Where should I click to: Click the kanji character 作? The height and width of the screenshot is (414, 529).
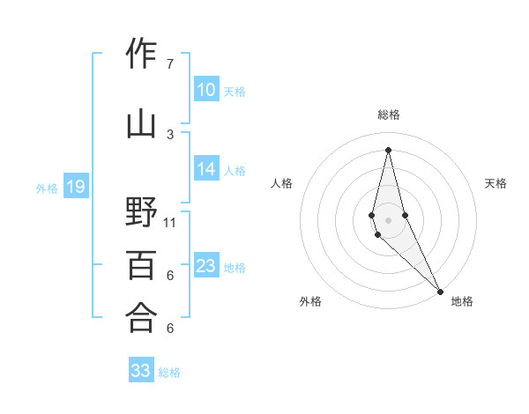pos(142,55)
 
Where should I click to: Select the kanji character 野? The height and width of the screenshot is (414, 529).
pos(142,213)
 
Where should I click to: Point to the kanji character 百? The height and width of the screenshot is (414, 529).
pos(142,265)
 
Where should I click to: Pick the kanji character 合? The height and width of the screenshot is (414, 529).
pos(142,318)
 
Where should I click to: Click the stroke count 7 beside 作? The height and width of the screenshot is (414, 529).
pos(170,63)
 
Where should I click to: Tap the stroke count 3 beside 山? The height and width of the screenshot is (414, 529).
pos(170,134)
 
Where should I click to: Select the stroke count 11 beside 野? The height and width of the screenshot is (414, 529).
pos(170,223)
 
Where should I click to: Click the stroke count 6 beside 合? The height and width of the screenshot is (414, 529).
pos(170,329)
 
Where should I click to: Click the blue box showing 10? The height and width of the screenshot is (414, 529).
pos(205,90)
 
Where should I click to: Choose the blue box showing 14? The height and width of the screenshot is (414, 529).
pos(205,170)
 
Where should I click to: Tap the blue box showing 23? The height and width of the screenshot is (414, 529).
pos(205,266)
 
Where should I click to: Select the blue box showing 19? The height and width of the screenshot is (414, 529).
pos(75,187)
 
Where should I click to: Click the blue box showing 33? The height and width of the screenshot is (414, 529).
pos(141,371)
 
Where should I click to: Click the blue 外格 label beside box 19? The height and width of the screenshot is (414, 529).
pos(46,188)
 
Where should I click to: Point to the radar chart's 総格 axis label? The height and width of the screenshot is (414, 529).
pos(389,115)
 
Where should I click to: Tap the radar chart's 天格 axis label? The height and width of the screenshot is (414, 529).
pos(495,183)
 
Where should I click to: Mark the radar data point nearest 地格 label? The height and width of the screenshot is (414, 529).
pos(440,290)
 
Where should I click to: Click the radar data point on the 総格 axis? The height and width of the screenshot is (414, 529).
pos(389,149)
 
